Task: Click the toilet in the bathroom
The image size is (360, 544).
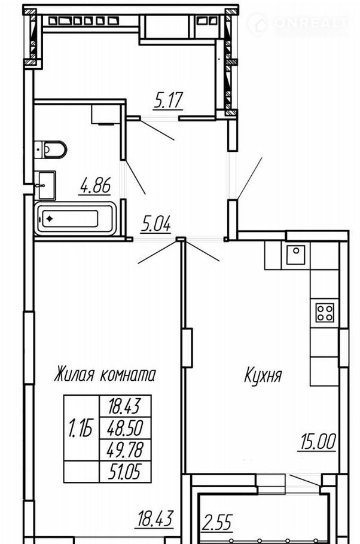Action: click(x=51, y=149)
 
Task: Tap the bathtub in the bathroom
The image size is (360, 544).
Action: click(x=75, y=219)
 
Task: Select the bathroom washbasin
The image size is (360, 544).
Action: click(x=45, y=185)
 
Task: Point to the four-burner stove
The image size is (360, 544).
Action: click(x=325, y=313)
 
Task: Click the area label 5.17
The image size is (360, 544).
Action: click(x=168, y=100)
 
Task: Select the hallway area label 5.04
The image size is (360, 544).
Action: click(x=156, y=224)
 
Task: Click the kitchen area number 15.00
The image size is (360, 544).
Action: click(x=317, y=442)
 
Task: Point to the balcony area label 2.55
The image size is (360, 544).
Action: click(x=218, y=522)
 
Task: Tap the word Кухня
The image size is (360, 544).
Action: click(x=263, y=375)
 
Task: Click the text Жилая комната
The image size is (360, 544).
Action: click(x=105, y=374)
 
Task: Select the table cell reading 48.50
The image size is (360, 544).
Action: click(x=125, y=428)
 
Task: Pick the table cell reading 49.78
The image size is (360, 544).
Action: click(x=125, y=450)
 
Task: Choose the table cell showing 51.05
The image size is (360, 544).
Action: click(x=125, y=472)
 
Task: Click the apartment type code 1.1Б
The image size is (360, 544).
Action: click(x=81, y=428)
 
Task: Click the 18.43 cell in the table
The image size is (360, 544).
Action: click(x=125, y=406)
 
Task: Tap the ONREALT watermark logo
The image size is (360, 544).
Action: click(x=298, y=23)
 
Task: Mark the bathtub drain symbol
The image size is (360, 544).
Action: click(x=49, y=219)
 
